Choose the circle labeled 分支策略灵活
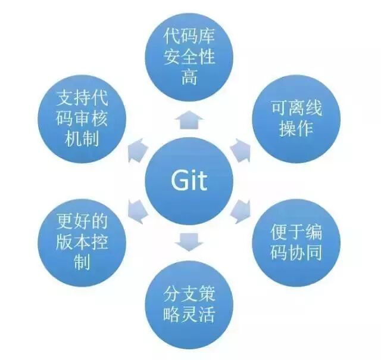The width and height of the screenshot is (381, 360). pyautogui.click(x=189, y=304)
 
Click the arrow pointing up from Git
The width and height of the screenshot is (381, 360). pyautogui.click(x=189, y=119)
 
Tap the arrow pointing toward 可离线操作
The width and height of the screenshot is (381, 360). pyautogui.click(x=241, y=150)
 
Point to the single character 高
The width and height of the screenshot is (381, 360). pyautogui.click(x=189, y=78)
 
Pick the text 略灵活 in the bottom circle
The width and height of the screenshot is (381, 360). pyautogui.click(x=189, y=313)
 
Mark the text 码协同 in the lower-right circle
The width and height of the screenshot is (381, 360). pyautogui.click(x=296, y=252)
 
